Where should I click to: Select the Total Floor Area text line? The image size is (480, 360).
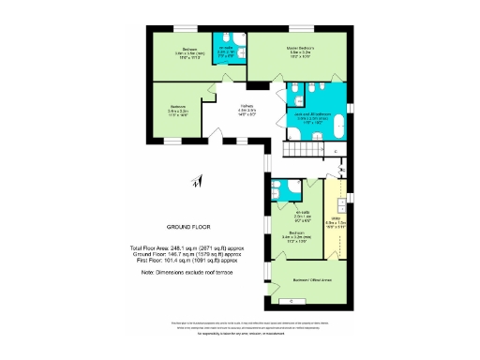[x=186, y=247]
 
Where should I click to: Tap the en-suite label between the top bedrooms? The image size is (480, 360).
[x=226, y=52]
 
